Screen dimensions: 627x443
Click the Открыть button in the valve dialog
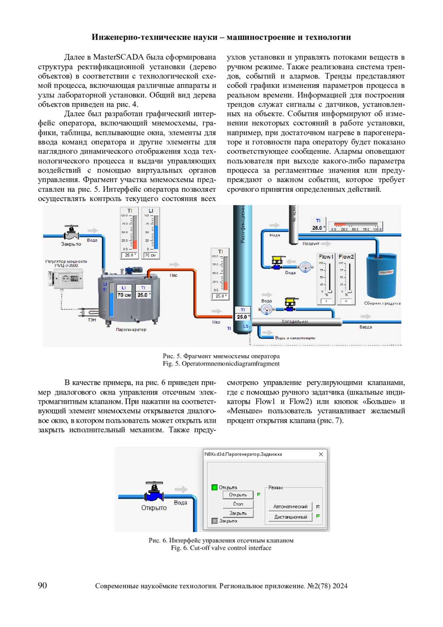tap(238, 495)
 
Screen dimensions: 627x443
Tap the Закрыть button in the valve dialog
tap(238, 513)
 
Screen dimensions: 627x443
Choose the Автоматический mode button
tap(290, 507)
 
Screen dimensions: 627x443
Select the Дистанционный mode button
tap(290, 517)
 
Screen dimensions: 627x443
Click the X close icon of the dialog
tap(321, 454)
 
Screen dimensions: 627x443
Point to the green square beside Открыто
tap(214, 487)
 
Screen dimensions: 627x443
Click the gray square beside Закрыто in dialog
tap(214, 521)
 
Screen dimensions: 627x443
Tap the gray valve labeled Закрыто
tap(71, 233)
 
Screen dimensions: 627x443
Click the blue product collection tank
tap(381, 275)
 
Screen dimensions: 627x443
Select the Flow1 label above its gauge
tap(326, 257)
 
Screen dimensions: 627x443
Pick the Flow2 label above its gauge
tap(346, 257)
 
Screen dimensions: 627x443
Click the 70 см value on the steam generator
tap(124, 295)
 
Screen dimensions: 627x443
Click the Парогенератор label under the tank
tap(131, 330)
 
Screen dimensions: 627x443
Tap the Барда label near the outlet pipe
tap(365, 327)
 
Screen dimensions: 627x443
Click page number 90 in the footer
tap(42, 585)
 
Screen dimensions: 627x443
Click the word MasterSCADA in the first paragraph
tap(118, 57)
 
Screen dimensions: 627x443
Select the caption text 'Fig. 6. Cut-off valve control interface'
tap(221, 548)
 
